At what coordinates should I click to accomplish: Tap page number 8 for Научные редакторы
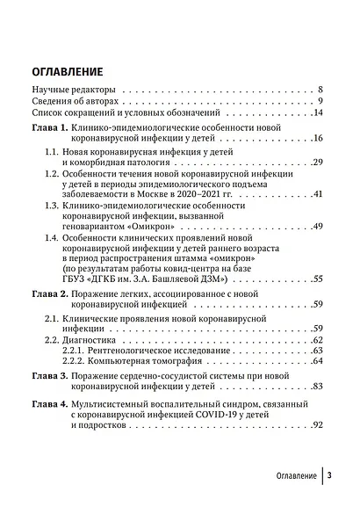321,90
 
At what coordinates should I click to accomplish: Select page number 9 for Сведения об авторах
321,102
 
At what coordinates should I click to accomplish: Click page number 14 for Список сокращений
319,113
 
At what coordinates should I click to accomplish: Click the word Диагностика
97,339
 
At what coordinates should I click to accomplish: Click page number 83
319,386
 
